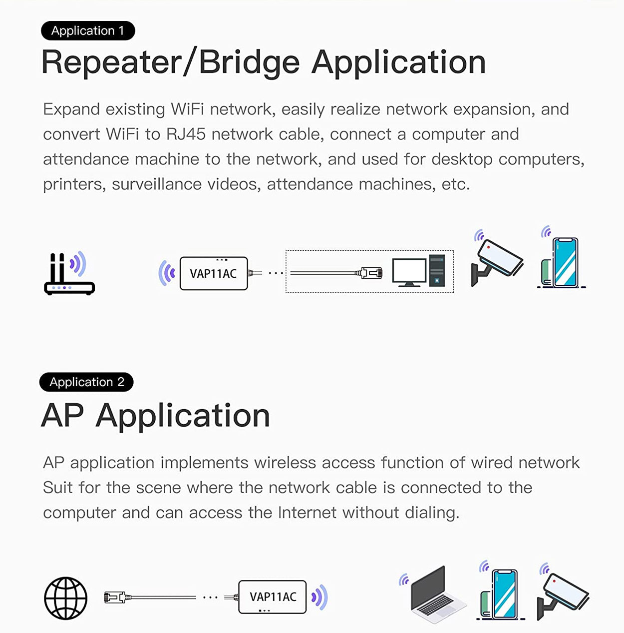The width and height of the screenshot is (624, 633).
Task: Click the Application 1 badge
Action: pyautogui.click(x=88, y=30)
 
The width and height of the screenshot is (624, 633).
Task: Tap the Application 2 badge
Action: pyautogui.click(x=86, y=382)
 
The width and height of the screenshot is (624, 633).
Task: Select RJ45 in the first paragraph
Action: pyautogui.click(x=186, y=134)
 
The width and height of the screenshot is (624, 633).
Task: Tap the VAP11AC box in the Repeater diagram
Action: pyautogui.click(x=214, y=273)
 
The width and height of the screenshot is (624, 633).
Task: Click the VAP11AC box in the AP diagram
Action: pyautogui.click(x=273, y=597)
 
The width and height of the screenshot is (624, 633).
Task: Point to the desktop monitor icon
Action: pyautogui.click(x=409, y=272)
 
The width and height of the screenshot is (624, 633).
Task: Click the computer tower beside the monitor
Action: pyautogui.click(x=437, y=270)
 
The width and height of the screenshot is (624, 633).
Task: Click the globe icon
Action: pyautogui.click(x=66, y=598)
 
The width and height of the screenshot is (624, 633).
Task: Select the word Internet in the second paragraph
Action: pyautogui.click(x=307, y=513)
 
